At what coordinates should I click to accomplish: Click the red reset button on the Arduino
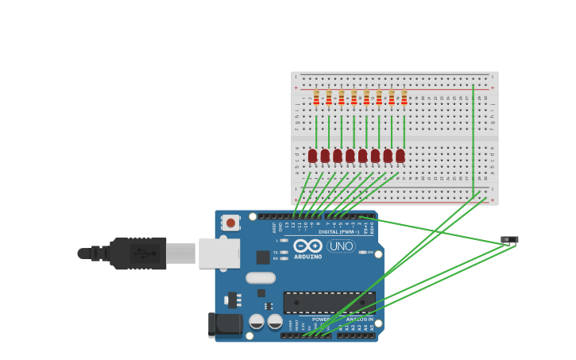click(x=230, y=223)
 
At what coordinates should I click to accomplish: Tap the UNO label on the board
click(x=341, y=246)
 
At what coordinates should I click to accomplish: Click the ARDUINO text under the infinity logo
click(x=307, y=257)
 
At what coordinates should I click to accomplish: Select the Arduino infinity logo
click(x=307, y=246)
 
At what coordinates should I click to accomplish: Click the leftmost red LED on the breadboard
click(x=312, y=156)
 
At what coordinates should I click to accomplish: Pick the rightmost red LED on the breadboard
click(x=400, y=156)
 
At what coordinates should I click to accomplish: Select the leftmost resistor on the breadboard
click(x=316, y=97)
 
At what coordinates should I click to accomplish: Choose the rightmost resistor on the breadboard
click(x=404, y=97)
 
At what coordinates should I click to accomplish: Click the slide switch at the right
click(x=509, y=239)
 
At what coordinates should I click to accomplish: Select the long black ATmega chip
click(x=329, y=302)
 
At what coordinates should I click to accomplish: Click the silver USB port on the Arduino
click(x=219, y=253)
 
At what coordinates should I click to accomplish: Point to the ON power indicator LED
click(x=362, y=252)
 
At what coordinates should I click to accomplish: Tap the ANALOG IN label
click(x=359, y=319)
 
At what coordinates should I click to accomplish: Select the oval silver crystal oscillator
click(x=260, y=277)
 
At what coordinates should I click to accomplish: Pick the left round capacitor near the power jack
click(x=257, y=321)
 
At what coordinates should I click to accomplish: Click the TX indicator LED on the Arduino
click(x=284, y=252)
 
